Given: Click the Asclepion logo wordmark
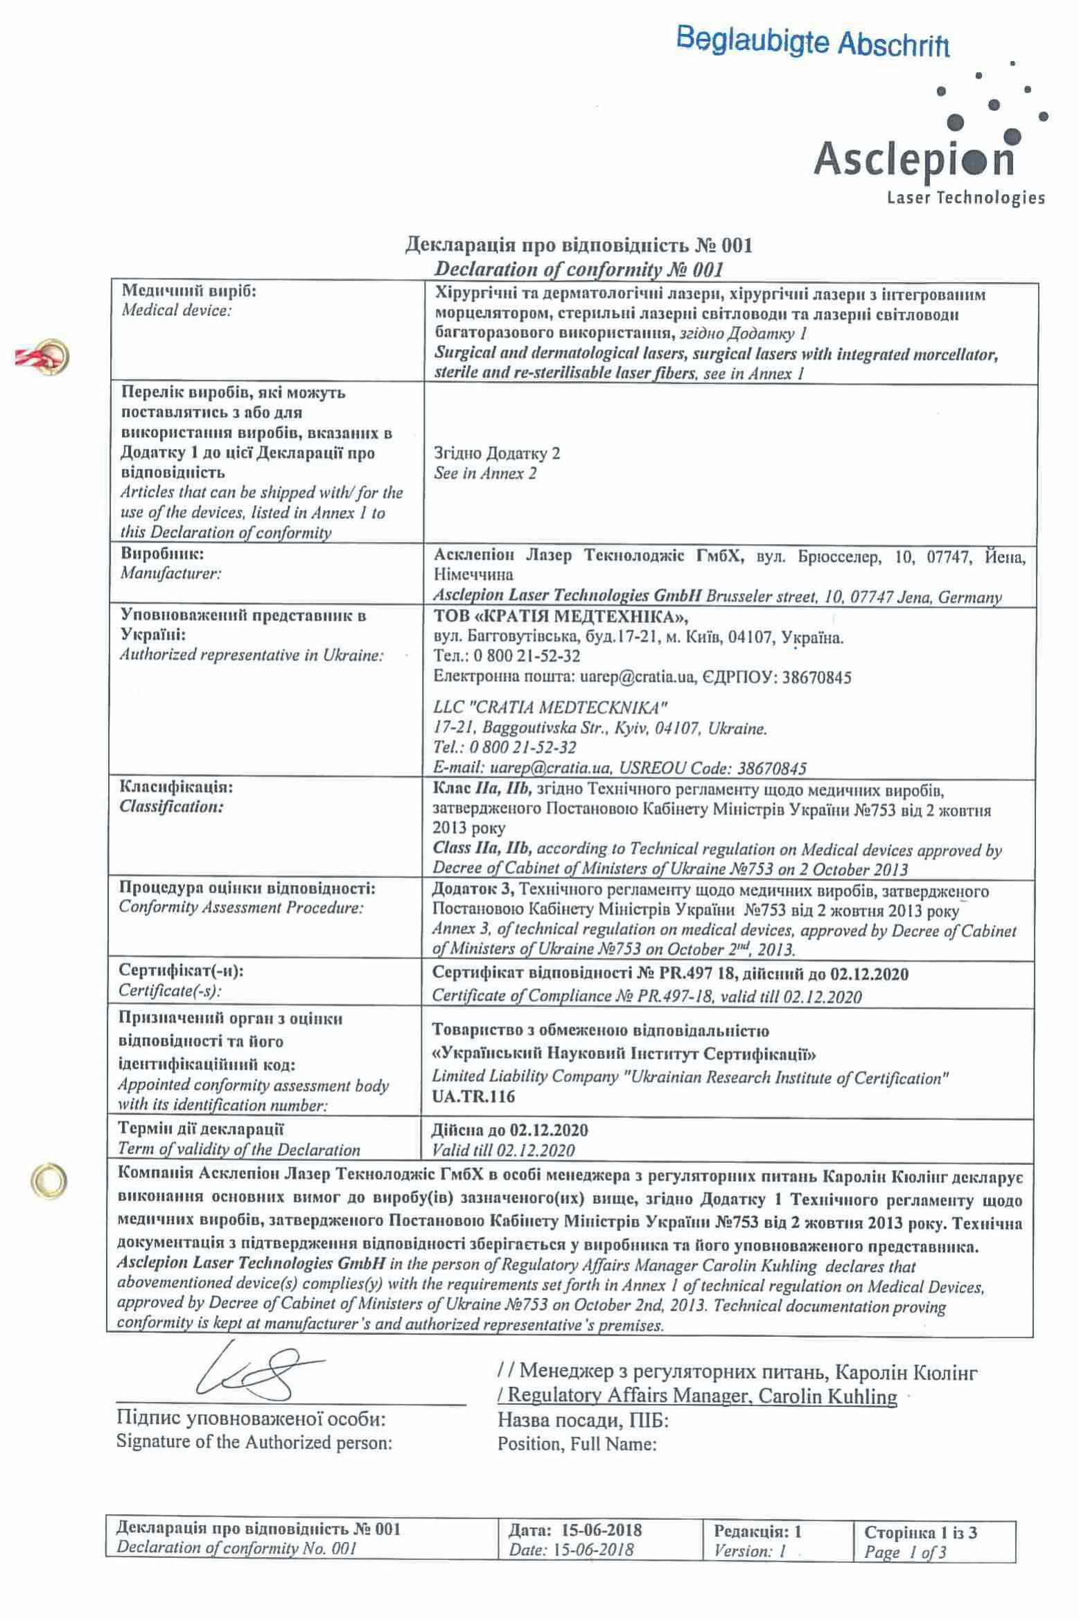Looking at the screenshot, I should pyautogui.click(x=914, y=158).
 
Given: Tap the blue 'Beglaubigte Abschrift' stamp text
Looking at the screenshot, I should pyautogui.click(x=812, y=42).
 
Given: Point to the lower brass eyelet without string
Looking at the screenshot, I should pyautogui.click(x=50, y=1179).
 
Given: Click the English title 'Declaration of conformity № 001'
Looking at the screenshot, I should pyautogui.click(x=578, y=269).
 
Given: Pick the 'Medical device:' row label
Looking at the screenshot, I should pyautogui.click(x=176, y=310).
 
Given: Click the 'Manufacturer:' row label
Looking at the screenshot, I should pyautogui.click(x=170, y=573).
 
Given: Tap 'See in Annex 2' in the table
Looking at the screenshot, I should pyautogui.click(x=485, y=473).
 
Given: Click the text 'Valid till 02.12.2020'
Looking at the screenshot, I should pyautogui.click(x=503, y=1150).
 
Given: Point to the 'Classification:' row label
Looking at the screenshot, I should pyautogui.click(x=171, y=806).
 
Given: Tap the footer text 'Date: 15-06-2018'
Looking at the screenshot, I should pyautogui.click(x=570, y=1550).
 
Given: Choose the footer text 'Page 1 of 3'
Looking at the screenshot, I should pyautogui.click(x=905, y=1552).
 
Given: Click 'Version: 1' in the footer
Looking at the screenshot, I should pyautogui.click(x=750, y=1551).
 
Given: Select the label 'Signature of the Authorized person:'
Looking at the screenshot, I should pyautogui.click(x=254, y=1443).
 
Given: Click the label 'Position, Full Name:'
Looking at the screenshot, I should pyautogui.click(x=577, y=1444).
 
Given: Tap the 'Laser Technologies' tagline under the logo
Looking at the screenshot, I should pyautogui.click(x=965, y=198).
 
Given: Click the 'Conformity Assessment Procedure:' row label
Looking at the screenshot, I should pyautogui.click(x=240, y=907).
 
